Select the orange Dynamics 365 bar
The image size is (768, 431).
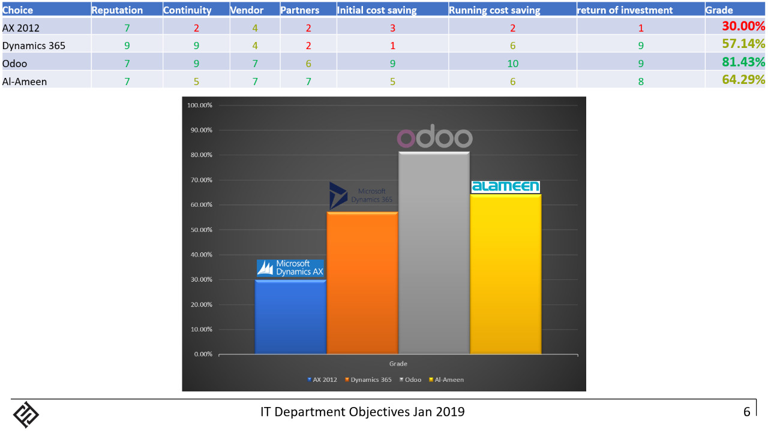pos(362,282)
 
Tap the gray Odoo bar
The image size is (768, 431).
pos(434,252)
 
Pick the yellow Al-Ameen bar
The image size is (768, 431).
pos(505,273)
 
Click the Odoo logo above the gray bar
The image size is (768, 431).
pos(434,138)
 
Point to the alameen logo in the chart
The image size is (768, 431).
pos(505,186)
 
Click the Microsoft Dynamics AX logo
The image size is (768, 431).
pos(290,268)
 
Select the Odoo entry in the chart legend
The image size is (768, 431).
pos(410,379)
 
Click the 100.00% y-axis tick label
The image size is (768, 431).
pos(199,105)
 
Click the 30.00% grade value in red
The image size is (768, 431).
pos(743,26)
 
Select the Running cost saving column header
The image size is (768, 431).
pos(494,10)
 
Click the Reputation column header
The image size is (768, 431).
pos(117,10)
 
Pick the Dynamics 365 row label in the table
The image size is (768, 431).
pos(34,45)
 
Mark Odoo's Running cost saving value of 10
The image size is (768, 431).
pos(512,64)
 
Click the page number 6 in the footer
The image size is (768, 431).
pos(746,412)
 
